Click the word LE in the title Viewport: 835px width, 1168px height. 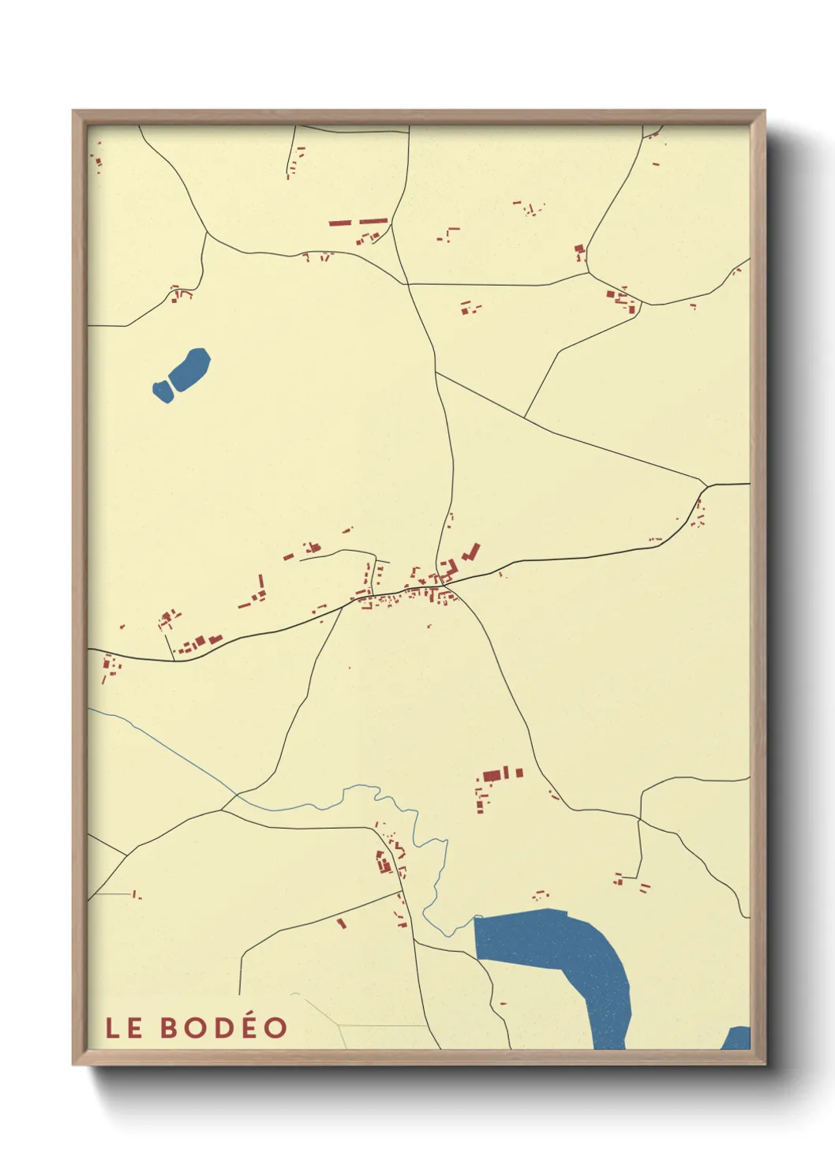124,1028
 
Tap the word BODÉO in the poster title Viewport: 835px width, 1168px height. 224,1027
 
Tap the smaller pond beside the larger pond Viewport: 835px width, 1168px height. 162,391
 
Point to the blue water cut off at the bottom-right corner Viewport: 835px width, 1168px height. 738,1039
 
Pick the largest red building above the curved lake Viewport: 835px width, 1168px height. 493,775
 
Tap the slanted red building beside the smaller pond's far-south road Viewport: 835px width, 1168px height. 342,923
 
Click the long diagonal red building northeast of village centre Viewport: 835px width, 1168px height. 472,551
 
